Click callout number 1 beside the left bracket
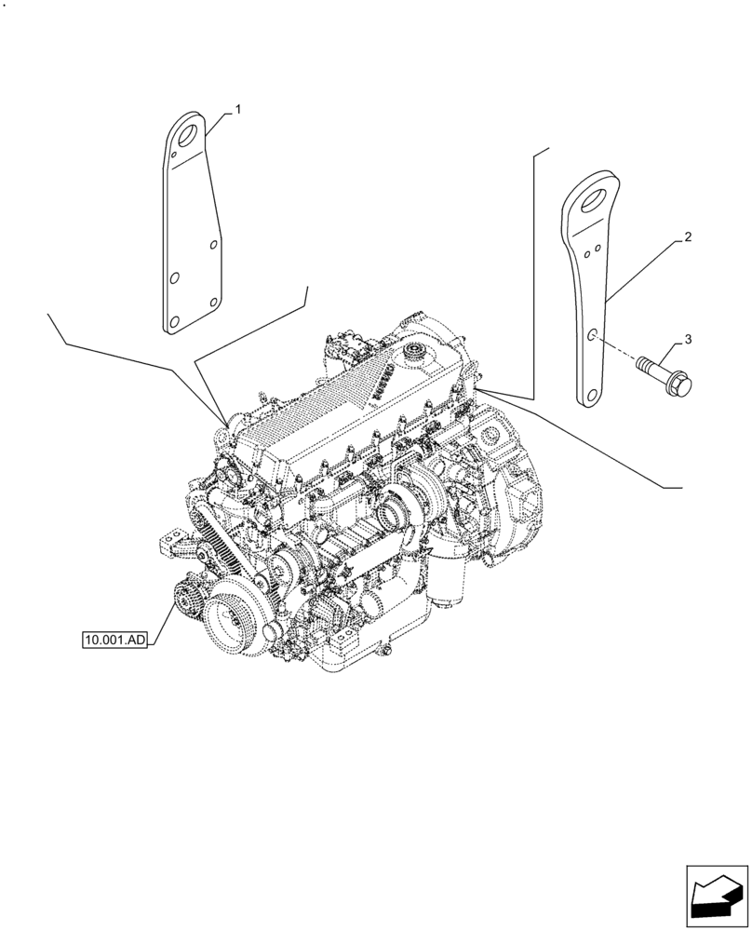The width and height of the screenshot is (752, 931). [x=238, y=110]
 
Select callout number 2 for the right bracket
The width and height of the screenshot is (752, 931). [x=687, y=238]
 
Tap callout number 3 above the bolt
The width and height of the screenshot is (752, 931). [x=688, y=339]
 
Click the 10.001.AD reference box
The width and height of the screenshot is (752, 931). [x=115, y=641]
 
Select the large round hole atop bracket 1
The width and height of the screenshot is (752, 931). [x=190, y=131]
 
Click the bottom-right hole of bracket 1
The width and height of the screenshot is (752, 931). [x=213, y=301]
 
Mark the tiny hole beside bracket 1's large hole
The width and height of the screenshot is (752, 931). [x=173, y=146]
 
